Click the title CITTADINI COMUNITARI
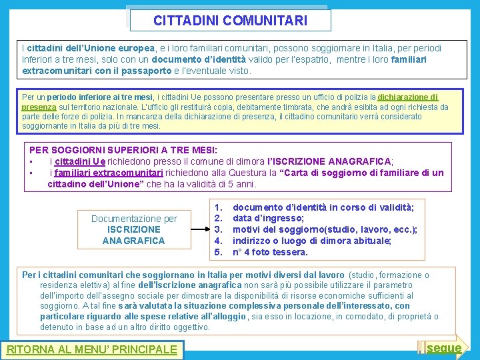point(230,21)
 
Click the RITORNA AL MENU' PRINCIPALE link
point(91,349)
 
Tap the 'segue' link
point(444,347)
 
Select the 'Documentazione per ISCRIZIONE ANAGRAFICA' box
point(134,229)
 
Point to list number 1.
point(217,207)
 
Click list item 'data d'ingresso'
point(268,218)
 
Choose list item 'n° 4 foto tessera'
point(270,252)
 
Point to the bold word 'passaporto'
point(146,71)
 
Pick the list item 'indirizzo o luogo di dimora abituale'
point(311,241)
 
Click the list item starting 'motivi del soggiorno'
point(325,229)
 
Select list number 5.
point(217,252)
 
